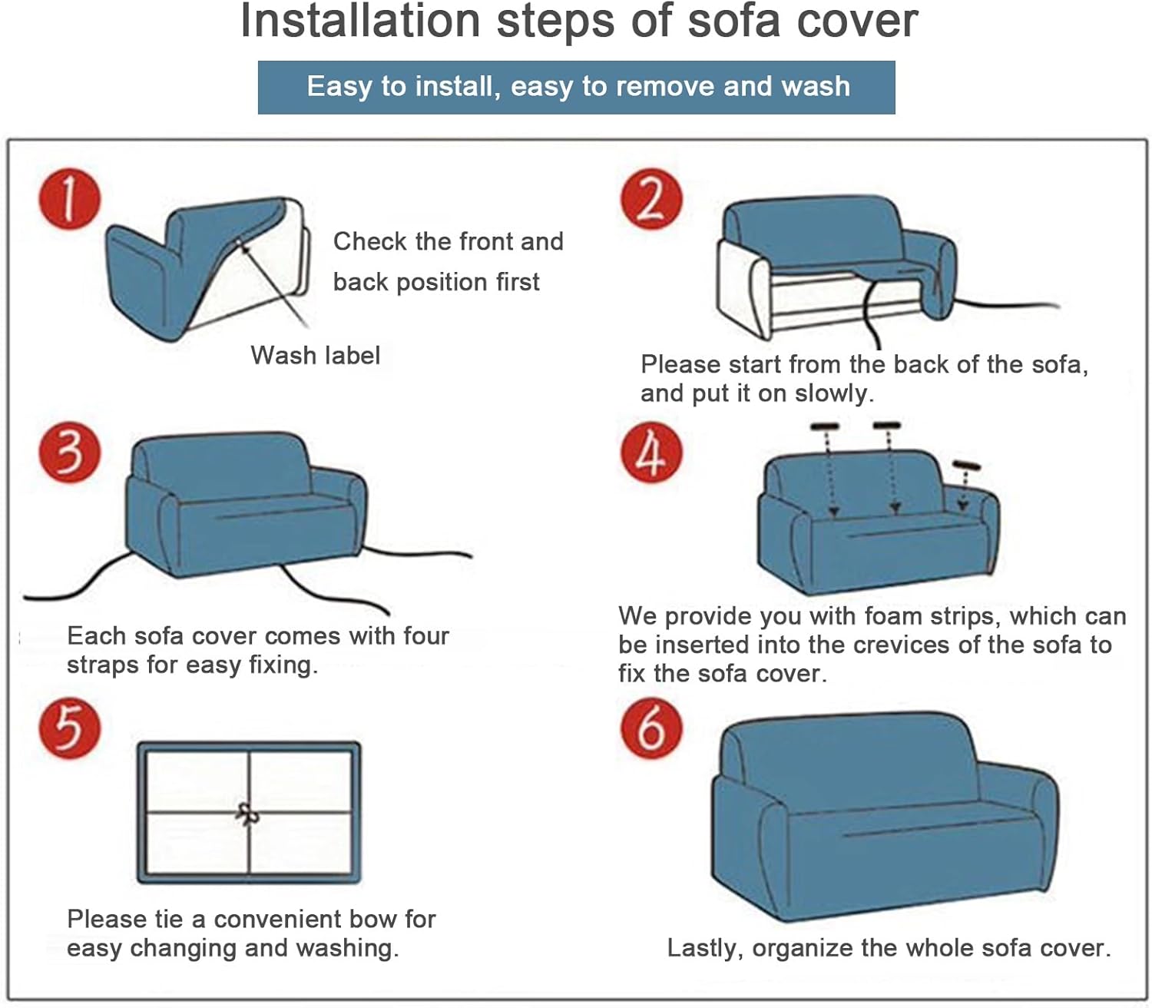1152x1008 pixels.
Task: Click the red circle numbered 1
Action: (70, 199)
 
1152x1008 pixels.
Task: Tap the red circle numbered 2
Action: (651, 199)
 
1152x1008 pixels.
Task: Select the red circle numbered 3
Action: (70, 452)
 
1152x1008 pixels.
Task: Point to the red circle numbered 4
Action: (651, 452)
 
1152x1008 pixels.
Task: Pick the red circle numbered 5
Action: (70, 728)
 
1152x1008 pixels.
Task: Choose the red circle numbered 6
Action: (651, 728)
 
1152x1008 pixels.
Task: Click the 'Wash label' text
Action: (315, 356)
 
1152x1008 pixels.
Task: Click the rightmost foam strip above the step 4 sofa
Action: (966, 466)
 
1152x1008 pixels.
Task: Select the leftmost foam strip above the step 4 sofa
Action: (825, 426)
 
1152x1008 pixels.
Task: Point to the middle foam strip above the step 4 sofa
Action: (887, 425)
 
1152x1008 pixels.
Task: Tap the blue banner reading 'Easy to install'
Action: (576, 87)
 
